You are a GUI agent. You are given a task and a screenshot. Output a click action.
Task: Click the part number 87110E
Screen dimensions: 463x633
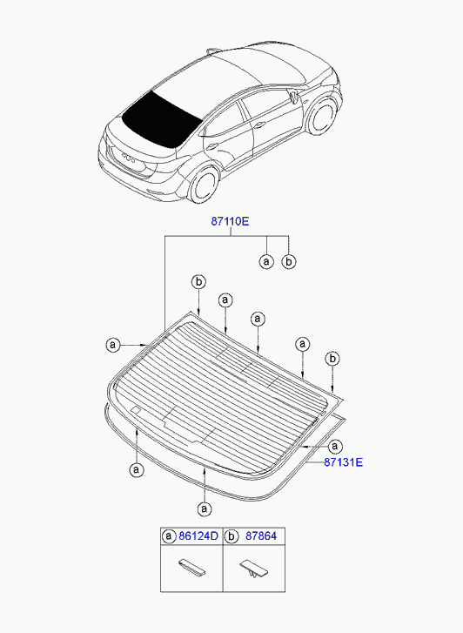(x=230, y=221)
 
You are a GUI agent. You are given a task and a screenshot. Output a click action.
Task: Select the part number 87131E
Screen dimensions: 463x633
(x=344, y=461)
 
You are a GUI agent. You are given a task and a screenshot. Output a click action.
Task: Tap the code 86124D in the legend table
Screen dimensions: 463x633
(x=198, y=536)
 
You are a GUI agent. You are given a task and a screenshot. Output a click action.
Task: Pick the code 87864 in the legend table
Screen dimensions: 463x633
(x=261, y=536)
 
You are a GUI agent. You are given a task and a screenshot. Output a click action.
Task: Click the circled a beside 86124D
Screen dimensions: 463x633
(x=169, y=536)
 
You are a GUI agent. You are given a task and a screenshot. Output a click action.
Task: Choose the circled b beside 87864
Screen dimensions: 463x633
(x=231, y=536)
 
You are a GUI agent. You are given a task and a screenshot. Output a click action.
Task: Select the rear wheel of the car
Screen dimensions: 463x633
(x=205, y=184)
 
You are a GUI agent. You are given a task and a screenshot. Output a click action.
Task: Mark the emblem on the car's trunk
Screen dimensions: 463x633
(x=128, y=157)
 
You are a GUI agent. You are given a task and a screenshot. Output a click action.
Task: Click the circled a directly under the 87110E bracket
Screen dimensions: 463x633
(x=266, y=261)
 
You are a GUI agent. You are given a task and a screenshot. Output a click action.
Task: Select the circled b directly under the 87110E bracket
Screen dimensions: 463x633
(x=289, y=261)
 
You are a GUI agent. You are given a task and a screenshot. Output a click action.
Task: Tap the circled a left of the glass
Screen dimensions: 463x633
(x=113, y=345)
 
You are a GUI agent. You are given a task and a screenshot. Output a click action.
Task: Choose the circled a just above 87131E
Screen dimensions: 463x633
(x=335, y=447)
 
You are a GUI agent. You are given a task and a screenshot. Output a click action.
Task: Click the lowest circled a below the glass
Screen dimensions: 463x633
(x=205, y=508)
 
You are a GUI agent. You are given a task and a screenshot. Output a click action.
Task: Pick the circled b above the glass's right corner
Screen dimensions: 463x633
(x=332, y=359)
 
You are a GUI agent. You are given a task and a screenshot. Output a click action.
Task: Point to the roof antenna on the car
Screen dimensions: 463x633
(x=212, y=51)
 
